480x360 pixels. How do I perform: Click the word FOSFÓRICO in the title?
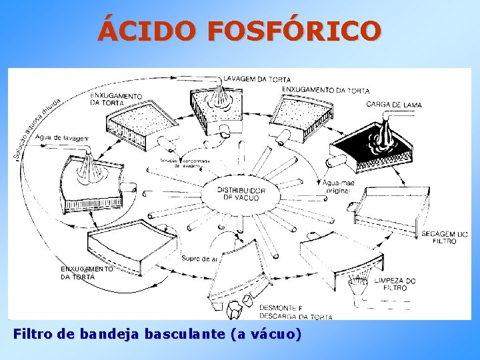[295, 31]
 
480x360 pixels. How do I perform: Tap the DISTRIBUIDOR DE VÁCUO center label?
[241, 193]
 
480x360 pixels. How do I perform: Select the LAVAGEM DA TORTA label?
[257, 79]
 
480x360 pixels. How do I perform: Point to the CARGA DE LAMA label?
[394, 105]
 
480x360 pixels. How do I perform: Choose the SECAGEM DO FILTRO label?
[444, 237]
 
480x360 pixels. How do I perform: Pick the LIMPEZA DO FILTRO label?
[395, 284]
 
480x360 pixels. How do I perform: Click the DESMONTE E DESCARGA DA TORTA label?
[295, 312]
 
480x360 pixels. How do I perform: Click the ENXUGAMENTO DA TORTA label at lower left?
[87, 272]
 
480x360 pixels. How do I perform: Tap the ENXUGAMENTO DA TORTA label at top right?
[325, 90]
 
